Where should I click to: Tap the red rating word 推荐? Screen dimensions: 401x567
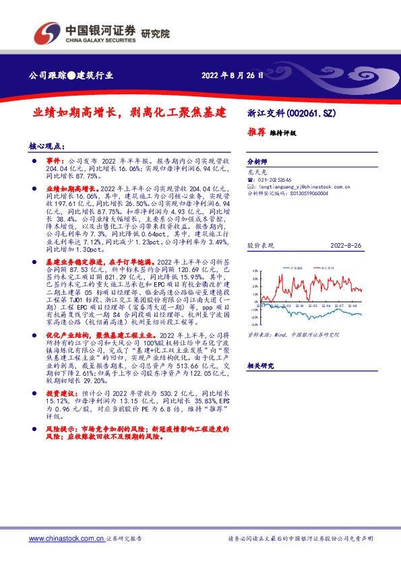point(256,132)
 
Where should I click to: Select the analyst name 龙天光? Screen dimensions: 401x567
point(257,172)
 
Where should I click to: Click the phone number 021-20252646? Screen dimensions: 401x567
point(277,180)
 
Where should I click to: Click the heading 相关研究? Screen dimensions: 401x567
point(260,366)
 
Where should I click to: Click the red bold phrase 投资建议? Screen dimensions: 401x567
point(60,391)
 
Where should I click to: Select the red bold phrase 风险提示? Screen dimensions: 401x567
point(60,428)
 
